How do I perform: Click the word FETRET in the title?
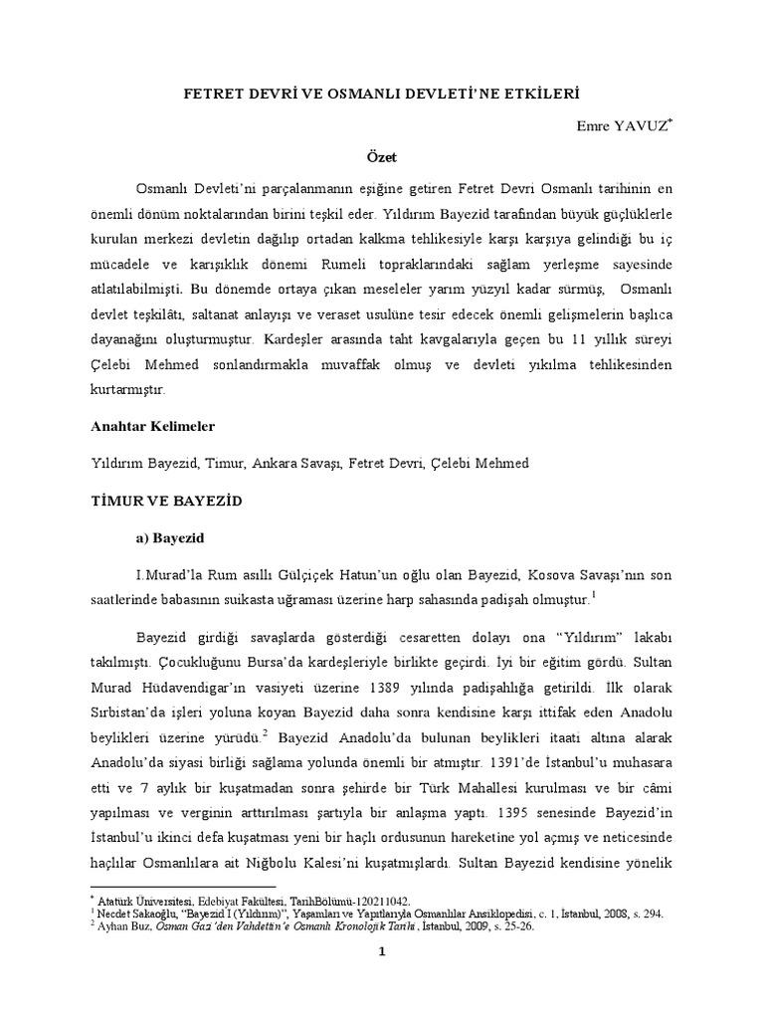215,93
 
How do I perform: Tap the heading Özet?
382,157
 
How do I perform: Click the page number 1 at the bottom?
381,951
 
